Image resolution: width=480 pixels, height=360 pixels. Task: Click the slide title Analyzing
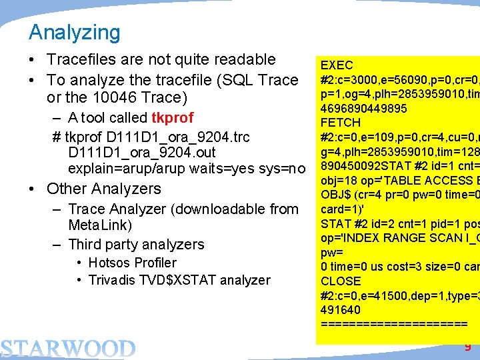(x=75, y=32)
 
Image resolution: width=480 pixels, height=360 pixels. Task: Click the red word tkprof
(x=172, y=118)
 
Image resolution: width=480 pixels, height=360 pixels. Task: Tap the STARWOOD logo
(x=67, y=348)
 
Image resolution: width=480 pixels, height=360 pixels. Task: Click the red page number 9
(x=467, y=347)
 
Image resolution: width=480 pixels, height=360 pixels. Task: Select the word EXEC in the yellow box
(x=337, y=65)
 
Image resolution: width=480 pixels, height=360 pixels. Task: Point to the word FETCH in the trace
(x=340, y=123)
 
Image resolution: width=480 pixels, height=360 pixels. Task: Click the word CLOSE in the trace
(x=341, y=281)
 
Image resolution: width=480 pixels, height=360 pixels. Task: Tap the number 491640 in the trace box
(x=341, y=310)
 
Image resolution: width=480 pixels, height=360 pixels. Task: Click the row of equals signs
(x=394, y=324)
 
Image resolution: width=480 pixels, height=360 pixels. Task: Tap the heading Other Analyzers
(x=104, y=189)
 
